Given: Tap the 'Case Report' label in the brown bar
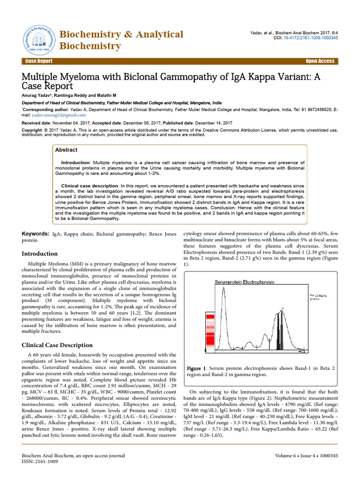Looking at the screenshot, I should pos(39,61).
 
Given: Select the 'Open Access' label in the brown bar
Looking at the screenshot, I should pos(320,61).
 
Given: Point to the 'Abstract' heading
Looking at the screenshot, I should pos(66,150).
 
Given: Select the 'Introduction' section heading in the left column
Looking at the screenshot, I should pos(40,254).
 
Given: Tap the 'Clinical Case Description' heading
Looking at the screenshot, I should pos(58,345).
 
